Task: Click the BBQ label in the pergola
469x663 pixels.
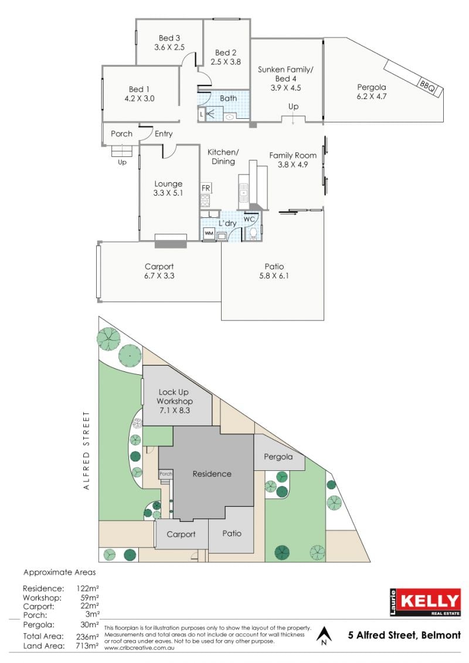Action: pos(427,86)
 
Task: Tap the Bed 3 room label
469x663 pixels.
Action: pos(169,38)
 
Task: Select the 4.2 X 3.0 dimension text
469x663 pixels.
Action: pos(140,98)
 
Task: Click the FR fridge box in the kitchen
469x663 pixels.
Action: pos(206,188)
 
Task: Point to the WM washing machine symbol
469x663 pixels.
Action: pos(209,233)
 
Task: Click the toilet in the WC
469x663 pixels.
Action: pos(253,233)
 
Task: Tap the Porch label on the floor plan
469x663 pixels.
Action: pos(121,134)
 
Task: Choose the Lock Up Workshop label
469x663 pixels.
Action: pos(174,397)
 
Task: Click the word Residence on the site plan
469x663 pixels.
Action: pos(212,474)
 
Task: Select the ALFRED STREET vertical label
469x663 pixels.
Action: pos(87,450)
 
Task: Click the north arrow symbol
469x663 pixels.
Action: pos(324,635)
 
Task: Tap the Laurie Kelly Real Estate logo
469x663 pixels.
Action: pos(425,602)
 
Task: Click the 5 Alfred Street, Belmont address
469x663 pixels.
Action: pos(405,635)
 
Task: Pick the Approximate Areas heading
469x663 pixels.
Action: pos(60,573)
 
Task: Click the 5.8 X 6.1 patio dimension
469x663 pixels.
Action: pos(274,276)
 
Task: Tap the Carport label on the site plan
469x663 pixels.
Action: pos(181,535)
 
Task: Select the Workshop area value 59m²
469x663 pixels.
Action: pos(89,597)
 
